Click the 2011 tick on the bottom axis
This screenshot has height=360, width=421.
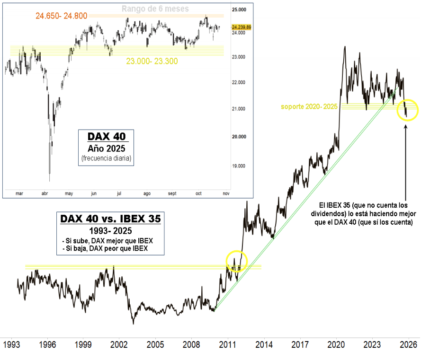(228, 345)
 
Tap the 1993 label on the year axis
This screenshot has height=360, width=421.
(11, 345)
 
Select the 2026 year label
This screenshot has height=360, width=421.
(408, 345)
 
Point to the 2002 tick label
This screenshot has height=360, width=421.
(119, 345)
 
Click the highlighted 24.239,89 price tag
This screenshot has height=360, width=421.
(242, 27)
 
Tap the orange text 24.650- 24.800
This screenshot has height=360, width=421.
(62, 16)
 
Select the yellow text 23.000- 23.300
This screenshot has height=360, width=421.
(152, 61)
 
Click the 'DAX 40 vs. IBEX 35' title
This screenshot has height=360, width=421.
(110, 220)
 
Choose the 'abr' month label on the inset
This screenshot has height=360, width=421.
(45, 193)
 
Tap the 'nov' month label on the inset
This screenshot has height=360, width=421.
(226, 193)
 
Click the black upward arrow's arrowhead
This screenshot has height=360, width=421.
(406, 126)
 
